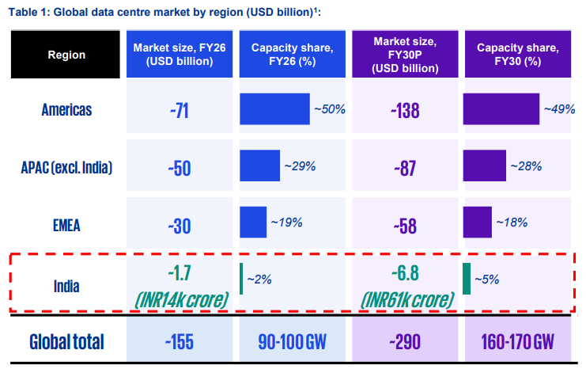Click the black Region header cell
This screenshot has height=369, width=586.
tap(66, 55)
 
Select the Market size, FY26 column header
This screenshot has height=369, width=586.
tap(180, 55)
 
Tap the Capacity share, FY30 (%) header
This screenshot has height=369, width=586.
tap(518, 55)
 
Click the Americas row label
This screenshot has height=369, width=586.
tap(66, 110)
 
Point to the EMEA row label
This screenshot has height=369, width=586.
tap(66, 226)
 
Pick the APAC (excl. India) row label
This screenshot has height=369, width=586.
tap(66, 168)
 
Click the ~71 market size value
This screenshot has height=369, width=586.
tap(180, 111)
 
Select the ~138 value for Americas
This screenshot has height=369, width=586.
tap(405, 111)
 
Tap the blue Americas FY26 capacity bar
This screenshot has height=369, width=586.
tap(274, 109)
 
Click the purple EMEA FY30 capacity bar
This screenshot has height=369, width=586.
tap(477, 222)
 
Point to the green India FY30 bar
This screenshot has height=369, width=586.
tap(467, 279)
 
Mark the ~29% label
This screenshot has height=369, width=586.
tap(300, 166)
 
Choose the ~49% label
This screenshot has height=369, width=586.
tap(559, 109)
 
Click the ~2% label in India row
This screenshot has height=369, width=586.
tap(259, 280)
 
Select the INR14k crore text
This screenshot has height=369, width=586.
tap(182, 300)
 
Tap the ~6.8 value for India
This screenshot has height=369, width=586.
tap(405, 273)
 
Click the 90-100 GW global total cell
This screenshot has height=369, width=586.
tap(293, 341)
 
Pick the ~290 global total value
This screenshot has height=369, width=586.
tap(405, 341)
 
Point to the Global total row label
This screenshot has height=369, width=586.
tap(66, 341)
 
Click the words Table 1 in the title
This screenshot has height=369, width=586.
tap(28, 13)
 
